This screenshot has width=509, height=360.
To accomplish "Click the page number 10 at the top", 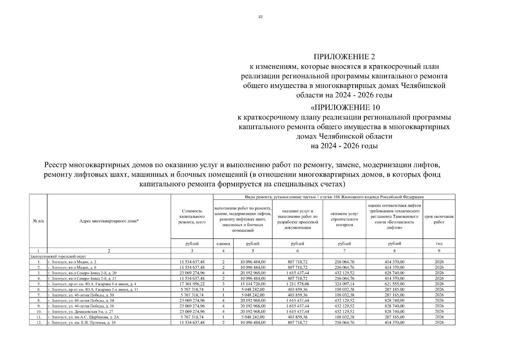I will tap(260, 17).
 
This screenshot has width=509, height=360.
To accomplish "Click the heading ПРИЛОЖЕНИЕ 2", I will tap(344, 57).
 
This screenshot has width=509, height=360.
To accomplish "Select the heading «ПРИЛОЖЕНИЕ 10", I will tap(344, 107).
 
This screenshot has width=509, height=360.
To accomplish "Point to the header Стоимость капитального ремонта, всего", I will tap(192, 217).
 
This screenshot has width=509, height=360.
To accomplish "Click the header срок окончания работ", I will tap(439, 219).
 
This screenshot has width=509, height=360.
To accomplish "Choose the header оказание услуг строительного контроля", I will tap(344, 219).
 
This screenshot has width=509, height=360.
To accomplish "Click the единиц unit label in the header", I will tap(223, 244).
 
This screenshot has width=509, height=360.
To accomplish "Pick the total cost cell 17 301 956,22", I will tap(192, 284).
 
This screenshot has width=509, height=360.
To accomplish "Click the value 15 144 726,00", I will tap(253, 284).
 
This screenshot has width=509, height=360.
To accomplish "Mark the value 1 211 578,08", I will tap(297, 284).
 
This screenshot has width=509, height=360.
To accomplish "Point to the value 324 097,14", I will tap(344, 284).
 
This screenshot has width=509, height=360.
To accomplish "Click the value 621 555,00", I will tap(394, 284).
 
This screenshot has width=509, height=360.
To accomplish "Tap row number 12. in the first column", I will tap(39, 322).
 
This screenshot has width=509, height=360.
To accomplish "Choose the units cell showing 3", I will tap(223, 284).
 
